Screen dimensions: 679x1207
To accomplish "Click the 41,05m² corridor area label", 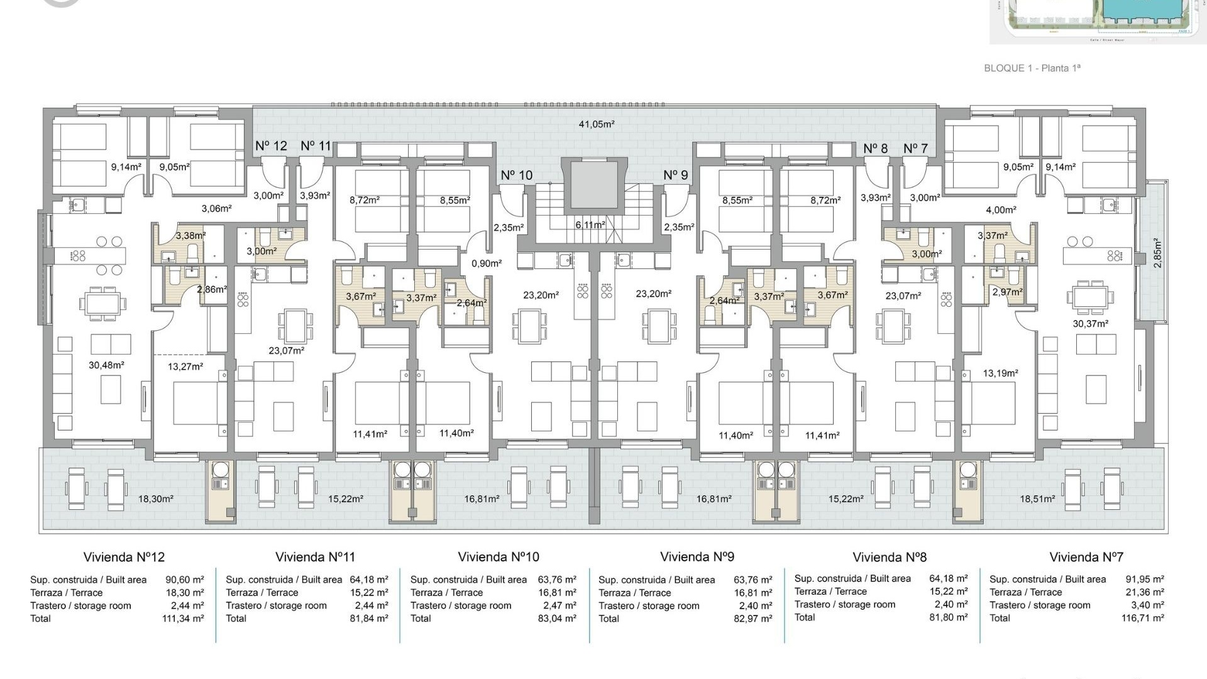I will point(596,124).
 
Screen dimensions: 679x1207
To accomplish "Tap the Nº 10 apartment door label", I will point(516,175).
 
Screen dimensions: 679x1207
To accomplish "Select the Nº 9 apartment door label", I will point(676,175).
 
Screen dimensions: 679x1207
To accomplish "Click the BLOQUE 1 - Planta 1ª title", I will point(1032,68).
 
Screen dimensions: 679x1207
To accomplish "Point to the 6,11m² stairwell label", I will point(590,225).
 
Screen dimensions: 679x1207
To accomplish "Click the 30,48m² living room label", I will point(106,365).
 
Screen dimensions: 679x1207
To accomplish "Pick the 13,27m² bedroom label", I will point(185,367).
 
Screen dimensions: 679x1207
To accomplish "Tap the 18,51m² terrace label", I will point(1037,499).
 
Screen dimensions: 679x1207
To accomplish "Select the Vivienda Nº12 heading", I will point(124,557).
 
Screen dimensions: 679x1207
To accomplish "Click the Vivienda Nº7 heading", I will point(1086,557).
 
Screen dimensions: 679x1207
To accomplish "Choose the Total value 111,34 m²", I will point(183,619).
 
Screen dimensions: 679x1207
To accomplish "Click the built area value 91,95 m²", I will point(1144,580).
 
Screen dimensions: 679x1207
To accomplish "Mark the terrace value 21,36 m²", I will point(1144,592).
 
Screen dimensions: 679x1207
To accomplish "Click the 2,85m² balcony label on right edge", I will point(1157,253).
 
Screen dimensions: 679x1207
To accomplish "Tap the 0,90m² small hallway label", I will point(487,264).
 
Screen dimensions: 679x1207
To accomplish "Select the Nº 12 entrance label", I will point(271,146).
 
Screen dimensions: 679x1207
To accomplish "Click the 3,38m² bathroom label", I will point(190,236).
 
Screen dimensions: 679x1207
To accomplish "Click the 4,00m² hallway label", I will point(1001,211).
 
